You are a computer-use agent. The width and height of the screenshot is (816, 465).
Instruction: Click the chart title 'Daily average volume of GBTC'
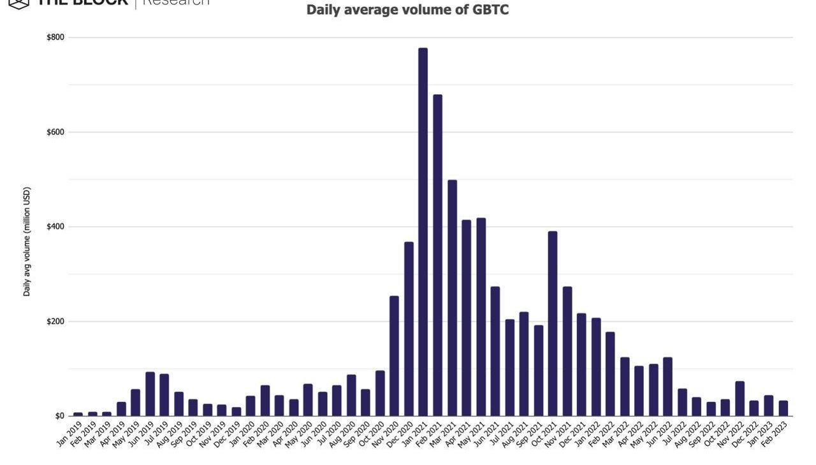tap(407, 10)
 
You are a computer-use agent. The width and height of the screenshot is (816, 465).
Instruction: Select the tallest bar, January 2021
tap(423, 232)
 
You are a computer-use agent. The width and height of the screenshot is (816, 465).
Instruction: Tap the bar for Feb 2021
tap(437, 255)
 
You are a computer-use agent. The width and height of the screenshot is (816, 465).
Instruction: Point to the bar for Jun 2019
tap(150, 394)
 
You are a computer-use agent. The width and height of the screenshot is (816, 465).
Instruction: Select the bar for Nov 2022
tap(739, 399)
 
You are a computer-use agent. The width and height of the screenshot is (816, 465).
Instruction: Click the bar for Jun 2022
tap(667, 387)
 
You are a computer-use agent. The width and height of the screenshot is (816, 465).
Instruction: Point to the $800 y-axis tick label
tap(55, 38)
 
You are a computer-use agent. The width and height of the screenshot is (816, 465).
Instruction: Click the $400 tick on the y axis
tap(55, 227)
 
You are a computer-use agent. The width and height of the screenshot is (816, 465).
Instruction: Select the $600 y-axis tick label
tap(55, 132)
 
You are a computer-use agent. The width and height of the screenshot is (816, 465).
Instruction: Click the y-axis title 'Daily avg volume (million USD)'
tap(27, 241)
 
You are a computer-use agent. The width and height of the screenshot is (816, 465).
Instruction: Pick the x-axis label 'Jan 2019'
tap(69, 434)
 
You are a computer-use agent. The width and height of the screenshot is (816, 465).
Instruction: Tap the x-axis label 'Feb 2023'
tap(775, 434)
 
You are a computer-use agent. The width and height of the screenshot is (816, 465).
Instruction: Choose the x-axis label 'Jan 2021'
tap(414, 434)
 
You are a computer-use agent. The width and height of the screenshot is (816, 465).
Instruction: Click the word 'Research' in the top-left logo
tap(175, 3)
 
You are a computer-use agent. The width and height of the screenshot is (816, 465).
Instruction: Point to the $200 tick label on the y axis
tap(55, 321)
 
